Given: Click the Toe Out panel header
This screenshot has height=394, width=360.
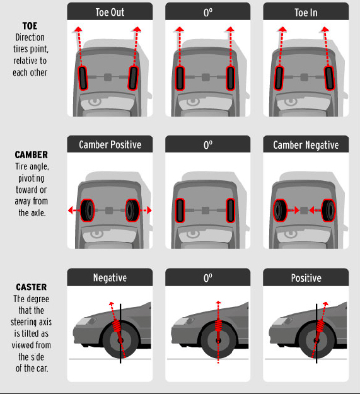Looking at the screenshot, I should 110,11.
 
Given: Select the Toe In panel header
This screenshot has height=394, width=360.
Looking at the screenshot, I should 305,11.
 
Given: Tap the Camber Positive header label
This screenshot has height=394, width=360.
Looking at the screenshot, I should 110,145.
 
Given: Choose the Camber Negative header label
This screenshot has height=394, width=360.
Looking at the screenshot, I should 305,145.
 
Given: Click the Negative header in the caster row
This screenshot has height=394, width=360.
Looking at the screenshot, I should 110,277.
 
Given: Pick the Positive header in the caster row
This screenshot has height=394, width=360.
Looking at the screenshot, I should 305,277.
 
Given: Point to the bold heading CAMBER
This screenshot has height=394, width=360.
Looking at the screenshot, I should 31,154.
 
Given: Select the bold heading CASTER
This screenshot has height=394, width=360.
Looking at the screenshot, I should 30,287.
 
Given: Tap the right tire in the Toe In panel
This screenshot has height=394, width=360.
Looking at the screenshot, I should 329,78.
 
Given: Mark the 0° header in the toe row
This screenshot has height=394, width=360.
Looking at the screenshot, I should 207,11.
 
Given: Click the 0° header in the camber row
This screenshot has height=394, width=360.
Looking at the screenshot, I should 207,145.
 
